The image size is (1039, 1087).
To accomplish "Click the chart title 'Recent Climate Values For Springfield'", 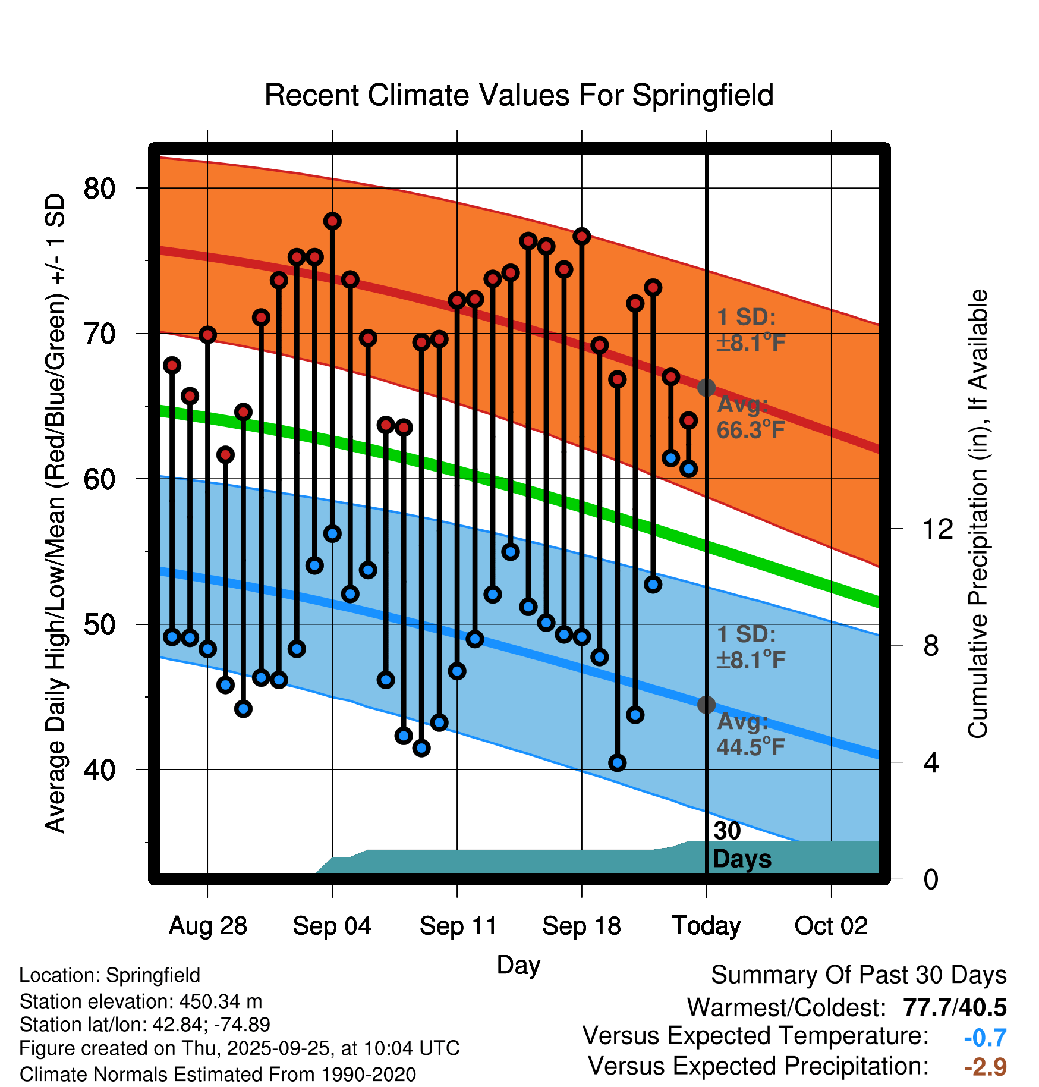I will tap(519, 95).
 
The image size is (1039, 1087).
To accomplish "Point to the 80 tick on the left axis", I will tap(99, 189).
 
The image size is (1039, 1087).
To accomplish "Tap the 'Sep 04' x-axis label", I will tap(332, 926).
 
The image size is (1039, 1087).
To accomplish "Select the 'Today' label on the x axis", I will tap(706, 926).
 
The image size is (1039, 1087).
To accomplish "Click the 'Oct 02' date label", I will tap(831, 926).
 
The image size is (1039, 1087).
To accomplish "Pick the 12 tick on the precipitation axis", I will tap(937, 529).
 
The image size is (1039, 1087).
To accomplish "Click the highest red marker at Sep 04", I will tap(332, 221).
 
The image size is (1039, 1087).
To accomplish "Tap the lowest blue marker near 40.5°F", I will tap(618, 763).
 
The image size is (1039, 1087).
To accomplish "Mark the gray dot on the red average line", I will tap(706, 388).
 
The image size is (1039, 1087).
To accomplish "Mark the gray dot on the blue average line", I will tap(706, 705).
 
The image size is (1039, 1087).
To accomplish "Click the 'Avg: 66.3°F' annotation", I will tap(751, 417).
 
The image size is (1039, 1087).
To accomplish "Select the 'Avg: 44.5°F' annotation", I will tap(751, 734).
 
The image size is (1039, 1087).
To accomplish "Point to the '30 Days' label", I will tap(741, 845).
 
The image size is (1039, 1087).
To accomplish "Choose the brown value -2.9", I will tap(985, 1067).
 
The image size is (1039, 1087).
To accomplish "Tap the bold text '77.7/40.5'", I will tap(954, 1007).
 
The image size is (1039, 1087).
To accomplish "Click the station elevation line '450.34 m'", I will tap(141, 1001).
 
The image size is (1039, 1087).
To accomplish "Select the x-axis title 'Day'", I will tap(518, 965).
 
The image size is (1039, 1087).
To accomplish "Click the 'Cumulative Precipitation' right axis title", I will tap(978, 514).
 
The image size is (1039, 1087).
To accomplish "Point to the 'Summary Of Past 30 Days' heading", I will tap(858, 975).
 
